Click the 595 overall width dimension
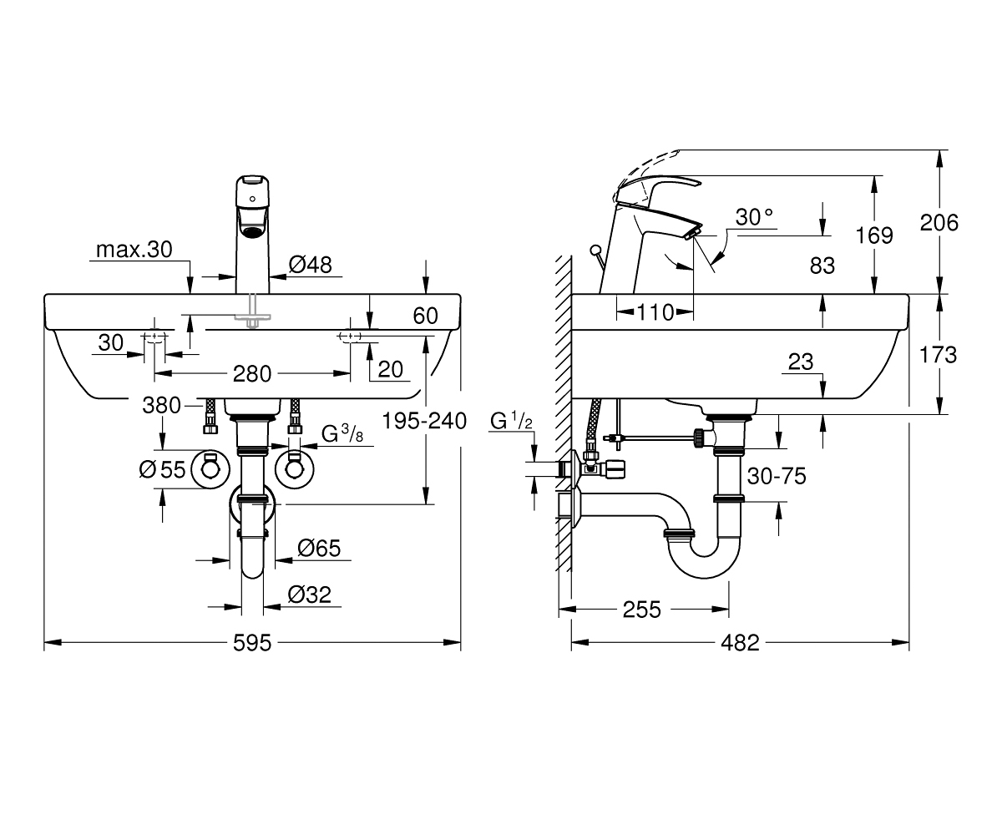pyautogui.click(x=252, y=643)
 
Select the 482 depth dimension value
pyautogui.click(x=740, y=643)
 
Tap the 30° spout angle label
pyautogui.click(x=754, y=217)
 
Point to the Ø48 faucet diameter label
pyautogui.click(x=310, y=265)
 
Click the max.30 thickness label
pyautogui.click(x=134, y=250)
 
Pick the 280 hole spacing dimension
pyautogui.click(x=252, y=373)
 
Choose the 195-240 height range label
pyautogui.click(x=424, y=421)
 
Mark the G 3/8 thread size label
pyautogui.click(x=342, y=434)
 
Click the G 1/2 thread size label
pyautogui.click(x=511, y=420)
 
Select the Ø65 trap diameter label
pyautogui.click(x=319, y=548)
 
